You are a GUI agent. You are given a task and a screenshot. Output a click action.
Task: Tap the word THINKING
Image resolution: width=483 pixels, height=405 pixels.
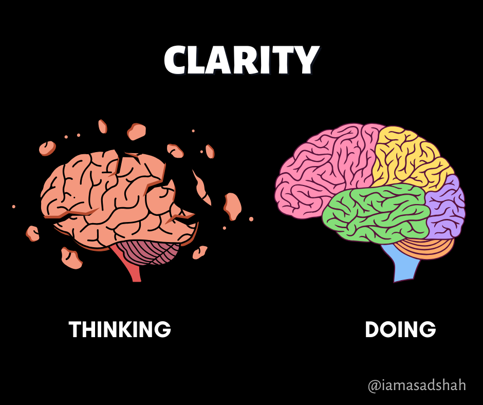pyautogui.click(x=120, y=329)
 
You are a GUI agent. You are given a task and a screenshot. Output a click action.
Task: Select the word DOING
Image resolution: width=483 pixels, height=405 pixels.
pyautogui.click(x=400, y=329)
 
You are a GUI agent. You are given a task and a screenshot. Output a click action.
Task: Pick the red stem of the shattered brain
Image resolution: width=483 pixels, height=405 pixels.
pyautogui.click(x=132, y=267)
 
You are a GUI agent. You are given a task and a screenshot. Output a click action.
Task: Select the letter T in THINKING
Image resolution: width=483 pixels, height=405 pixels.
pyautogui.click(x=75, y=329)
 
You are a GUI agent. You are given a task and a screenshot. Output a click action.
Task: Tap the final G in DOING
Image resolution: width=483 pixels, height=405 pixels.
pyautogui.click(x=428, y=329)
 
